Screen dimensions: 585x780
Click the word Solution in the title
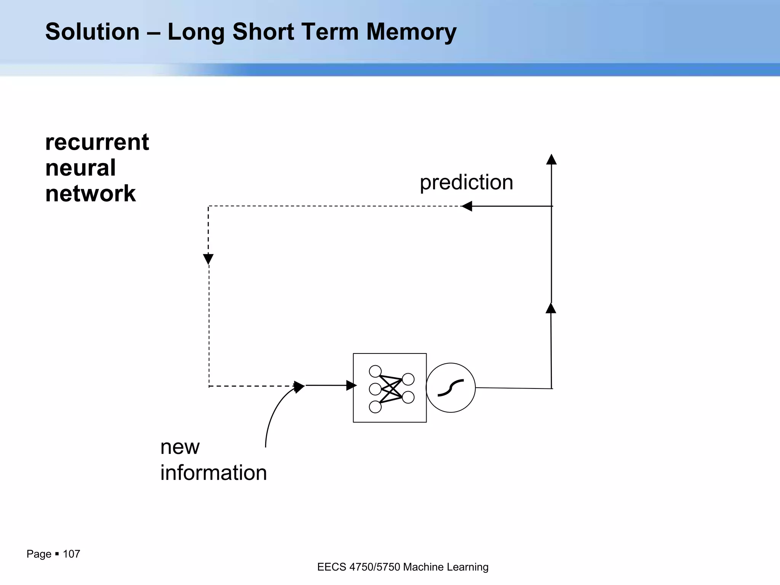[x=93, y=32]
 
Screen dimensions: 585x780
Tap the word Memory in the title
[x=411, y=32]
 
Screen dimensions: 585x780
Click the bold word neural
[x=80, y=168]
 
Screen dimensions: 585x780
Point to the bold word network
[x=90, y=193]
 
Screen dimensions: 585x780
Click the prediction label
[x=466, y=182]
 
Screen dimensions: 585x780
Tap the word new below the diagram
[x=180, y=447]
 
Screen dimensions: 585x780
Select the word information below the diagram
[x=213, y=473]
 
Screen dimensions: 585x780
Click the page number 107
[x=71, y=554]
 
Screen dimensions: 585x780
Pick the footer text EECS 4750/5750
[x=358, y=567]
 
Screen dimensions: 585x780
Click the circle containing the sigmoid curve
[x=451, y=388]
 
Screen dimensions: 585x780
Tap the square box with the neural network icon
[x=390, y=388]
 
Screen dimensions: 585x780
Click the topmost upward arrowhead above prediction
[x=551, y=159]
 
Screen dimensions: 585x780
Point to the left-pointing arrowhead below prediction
[x=467, y=206]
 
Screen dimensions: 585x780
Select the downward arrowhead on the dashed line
[x=208, y=259]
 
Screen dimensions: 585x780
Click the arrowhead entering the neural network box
[x=351, y=385]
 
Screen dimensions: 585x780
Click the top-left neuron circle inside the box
[x=375, y=371]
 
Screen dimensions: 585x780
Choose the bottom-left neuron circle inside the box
[x=375, y=407]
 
